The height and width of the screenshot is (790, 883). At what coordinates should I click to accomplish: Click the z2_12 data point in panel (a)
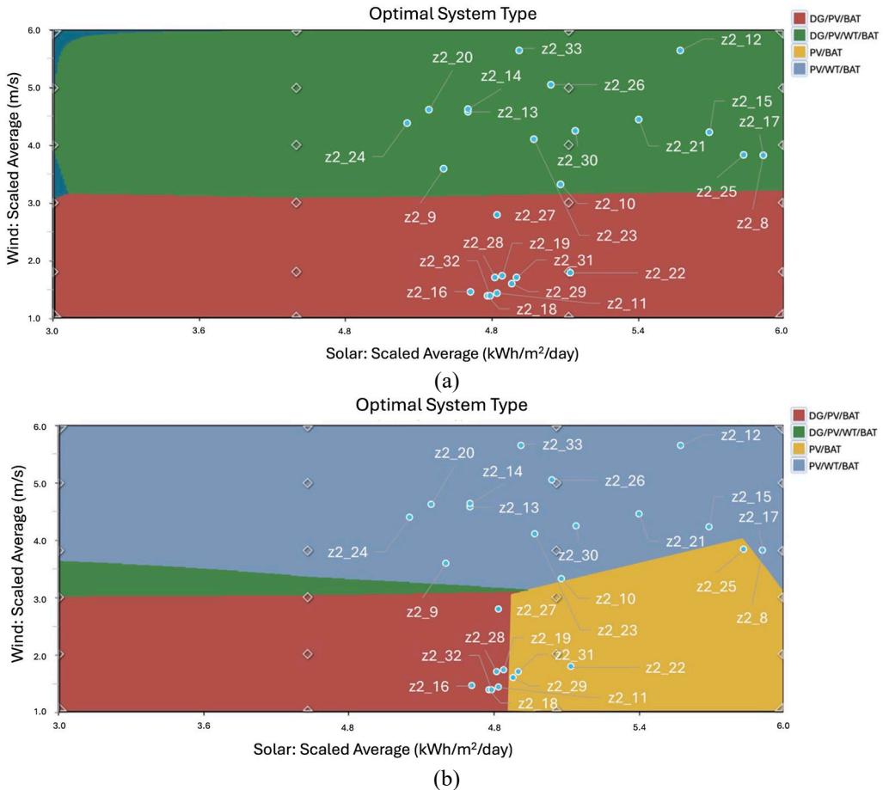[680, 50]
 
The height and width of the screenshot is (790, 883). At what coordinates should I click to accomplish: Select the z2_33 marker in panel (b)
[521, 445]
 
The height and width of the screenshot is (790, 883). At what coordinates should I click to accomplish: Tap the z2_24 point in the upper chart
[408, 123]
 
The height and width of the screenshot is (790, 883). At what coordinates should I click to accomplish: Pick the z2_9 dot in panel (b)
[445, 563]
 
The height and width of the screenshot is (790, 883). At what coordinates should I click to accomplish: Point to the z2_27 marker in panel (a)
[497, 215]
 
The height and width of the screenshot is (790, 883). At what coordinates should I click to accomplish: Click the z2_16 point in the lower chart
[471, 685]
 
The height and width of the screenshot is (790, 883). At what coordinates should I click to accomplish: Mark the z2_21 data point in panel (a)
[639, 119]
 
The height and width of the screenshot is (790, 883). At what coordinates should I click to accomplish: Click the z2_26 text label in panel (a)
[624, 85]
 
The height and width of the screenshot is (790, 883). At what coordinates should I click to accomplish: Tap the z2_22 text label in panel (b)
[665, 668]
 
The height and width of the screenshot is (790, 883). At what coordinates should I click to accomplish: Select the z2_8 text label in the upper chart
[752, 224]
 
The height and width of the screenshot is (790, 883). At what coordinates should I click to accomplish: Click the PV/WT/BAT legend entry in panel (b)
[825, 466]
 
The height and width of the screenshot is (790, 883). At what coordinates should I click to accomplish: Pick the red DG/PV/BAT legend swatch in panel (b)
[799, 415]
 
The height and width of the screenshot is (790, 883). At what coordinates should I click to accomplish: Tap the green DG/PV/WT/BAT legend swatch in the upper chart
[800, 35]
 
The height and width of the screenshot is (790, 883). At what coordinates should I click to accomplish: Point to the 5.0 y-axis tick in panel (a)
[35, 88]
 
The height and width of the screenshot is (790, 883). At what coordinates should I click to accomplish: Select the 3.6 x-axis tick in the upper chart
[199, 330]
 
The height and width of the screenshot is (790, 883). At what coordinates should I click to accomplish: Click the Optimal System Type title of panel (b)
[442, 405]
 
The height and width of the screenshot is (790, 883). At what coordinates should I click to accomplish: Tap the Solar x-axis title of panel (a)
[452, 353]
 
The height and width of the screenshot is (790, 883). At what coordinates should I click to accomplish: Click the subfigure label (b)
[447, 780]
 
